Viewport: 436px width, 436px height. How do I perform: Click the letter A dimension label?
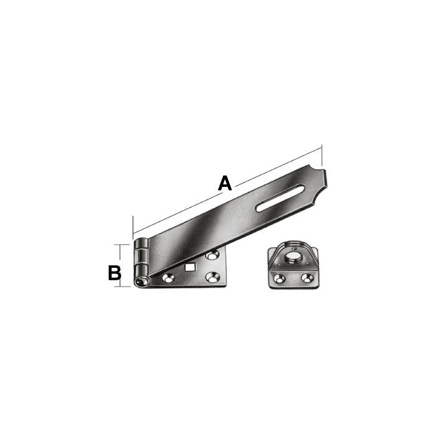[225, 182]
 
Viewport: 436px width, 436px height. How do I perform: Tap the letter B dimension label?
[115, 272]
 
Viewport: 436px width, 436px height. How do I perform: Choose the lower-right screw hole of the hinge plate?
[214, 277]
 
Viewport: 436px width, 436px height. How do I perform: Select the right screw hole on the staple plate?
[306, 277]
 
